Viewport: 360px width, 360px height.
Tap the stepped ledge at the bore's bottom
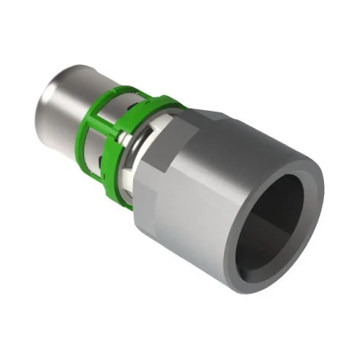(284, 248)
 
